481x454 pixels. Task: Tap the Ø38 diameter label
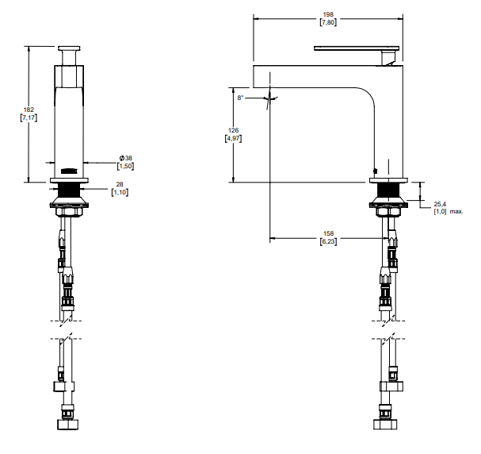[126, 158]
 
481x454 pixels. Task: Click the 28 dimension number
[120, 184]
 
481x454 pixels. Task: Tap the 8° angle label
[240, 97]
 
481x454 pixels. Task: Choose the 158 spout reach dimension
[328, 233]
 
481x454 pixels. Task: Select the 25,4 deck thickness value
[440, 203]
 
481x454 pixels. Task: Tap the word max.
[456, 211]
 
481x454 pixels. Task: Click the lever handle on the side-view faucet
[356, 49]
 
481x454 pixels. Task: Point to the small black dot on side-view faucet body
[374, 169]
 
